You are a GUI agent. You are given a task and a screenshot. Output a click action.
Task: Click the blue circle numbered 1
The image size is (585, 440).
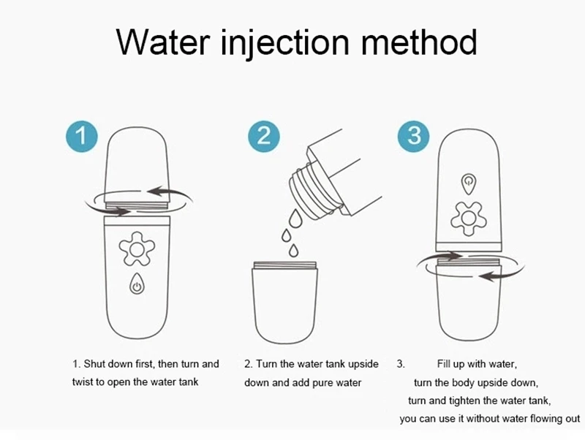(x=82, y=136)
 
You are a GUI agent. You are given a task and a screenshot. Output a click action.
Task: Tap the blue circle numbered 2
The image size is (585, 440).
(x=264, y=136)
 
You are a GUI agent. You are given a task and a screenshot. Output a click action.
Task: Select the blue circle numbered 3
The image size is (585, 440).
(x=413, y=136)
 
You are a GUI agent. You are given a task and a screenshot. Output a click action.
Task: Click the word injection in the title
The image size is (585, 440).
(x=284, y=43)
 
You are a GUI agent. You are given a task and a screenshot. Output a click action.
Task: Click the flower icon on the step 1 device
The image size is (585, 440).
(x=137, y=249)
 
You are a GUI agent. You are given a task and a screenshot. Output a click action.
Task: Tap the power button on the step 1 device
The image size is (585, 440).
(x=137, y=284)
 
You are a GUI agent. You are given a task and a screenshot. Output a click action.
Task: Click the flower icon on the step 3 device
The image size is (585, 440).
(x=469, y=219)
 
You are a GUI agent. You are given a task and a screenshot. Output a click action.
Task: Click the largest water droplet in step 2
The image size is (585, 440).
(x=295, y=218)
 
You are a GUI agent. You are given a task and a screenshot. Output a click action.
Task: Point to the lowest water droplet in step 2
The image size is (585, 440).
(x=294, y=251)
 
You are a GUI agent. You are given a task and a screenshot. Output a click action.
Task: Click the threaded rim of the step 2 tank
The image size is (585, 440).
(x=284, y=265)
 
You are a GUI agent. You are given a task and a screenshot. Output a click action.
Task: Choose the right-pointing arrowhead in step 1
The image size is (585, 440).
(x=121, y=211)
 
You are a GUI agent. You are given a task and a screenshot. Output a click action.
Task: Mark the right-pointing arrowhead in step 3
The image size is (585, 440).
(x=453, y=256)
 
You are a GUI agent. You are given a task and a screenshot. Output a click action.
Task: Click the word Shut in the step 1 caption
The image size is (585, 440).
(x=94, y=363)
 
